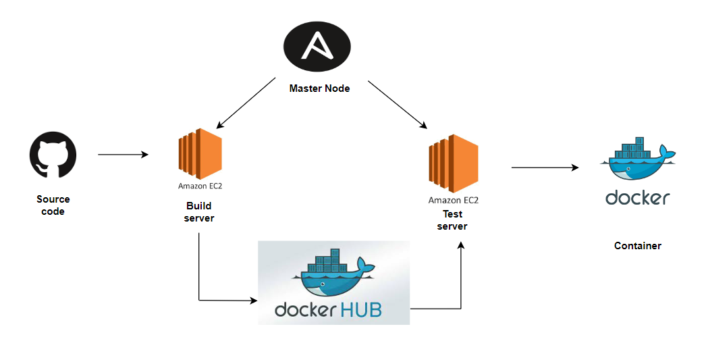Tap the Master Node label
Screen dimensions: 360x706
click(x=319, y=88)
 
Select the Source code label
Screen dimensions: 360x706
click(x=53, y=205)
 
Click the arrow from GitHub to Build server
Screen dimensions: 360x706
click(x=123, y=155)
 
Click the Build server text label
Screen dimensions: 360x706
click(x=199, y=211)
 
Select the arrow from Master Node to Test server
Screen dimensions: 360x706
click(x=398, y=105)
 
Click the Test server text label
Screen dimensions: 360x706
click(x=452, y=220)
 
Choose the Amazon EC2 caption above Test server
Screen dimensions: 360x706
click(x=454, y=200)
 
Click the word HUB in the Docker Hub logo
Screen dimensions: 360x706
click(x=360, y=309)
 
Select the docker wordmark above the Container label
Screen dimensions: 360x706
click(x=638, y=197)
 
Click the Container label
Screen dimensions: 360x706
click(x=638, y=246)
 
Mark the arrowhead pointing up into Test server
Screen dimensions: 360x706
click(x=462, y=247)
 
